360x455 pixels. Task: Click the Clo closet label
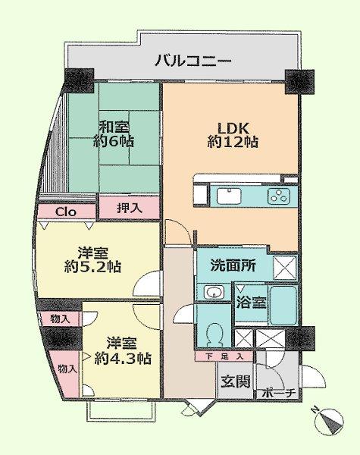click(x=65, y=212)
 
